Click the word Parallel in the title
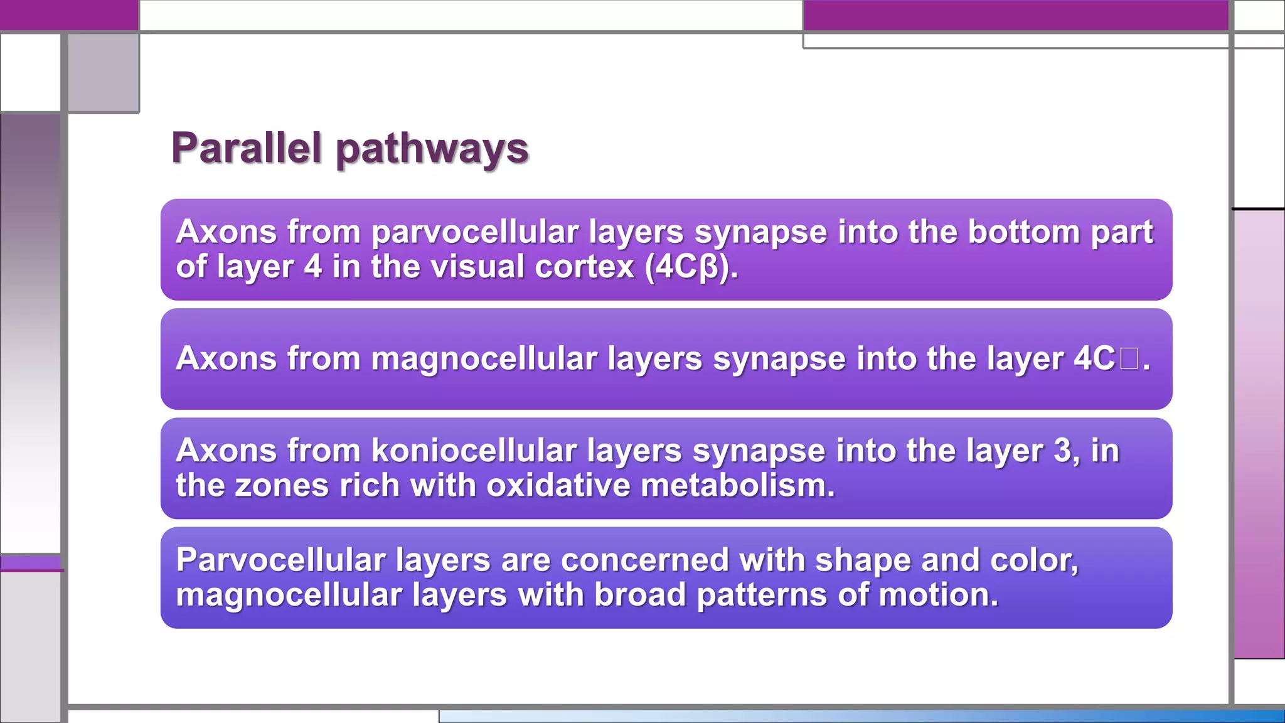pos(246,149)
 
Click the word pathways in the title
pos(432,151)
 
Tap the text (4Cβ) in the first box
pos(690,267)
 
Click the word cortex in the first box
pos(584,267)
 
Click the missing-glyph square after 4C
pos(1128,359)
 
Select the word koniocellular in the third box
pos(474,451)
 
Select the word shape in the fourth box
pos(862,560)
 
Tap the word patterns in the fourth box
pos(762,595)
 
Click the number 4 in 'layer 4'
pos(313,267)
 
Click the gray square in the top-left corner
pos(104,73)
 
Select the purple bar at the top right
pos(1015,15)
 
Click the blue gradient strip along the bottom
pos(861,716)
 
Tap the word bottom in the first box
pos(1023,232)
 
